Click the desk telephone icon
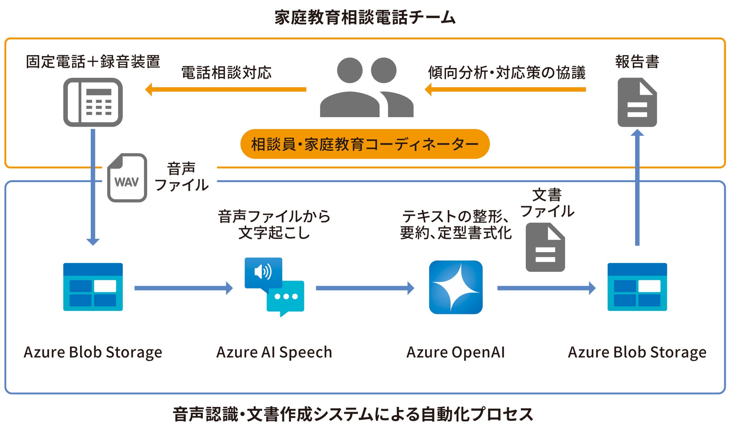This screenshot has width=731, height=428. [x=93, y=102]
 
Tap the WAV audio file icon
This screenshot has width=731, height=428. [x=127, y=178]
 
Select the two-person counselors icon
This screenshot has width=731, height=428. [x=366, y=88]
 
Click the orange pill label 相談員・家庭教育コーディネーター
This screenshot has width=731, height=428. [x=365, y=144]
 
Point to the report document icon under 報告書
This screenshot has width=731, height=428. [x=637, y=102]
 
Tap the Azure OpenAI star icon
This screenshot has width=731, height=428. [x=456, y=287]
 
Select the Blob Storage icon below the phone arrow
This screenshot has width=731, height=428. [x=93, y=287]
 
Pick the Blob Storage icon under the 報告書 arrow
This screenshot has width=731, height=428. [x=637, y=287]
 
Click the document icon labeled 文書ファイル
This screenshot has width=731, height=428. [x=545, y=247]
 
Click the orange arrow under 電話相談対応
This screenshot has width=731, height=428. [x=226, y=90]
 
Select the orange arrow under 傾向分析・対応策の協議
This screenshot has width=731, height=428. [x=505, y=90]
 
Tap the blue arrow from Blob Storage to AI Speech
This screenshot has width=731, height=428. [x=184, y=288]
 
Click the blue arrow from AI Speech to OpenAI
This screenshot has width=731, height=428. [x=365, y=288]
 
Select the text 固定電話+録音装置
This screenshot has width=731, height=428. [x=93, y=62]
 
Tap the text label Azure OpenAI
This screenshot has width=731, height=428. [x=456, y=352]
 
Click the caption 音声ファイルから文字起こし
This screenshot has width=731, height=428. [x=274, y=225]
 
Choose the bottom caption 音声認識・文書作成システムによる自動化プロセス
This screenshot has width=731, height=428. [x=353, y=414]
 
